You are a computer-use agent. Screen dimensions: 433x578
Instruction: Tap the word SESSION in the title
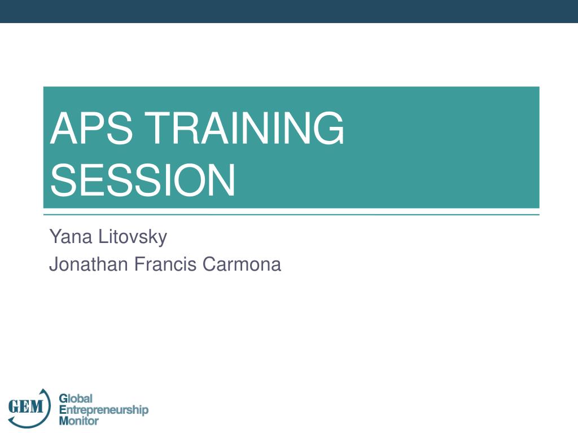click(x=142, y=180)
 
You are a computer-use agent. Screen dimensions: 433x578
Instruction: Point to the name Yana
click(x=71, y=236)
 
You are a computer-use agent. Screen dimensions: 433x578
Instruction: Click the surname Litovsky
click(x=133, y=236)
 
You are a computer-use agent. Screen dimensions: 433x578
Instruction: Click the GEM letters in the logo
click(x=25, y=406)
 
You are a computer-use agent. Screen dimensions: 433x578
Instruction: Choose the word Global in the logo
click(x=76, y=399)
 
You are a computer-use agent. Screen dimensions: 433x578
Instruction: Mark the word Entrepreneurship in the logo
click(x=104, y=410)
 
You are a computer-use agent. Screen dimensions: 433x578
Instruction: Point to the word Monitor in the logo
click(x=79, y=421)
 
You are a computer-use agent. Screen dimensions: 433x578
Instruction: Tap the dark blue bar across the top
click(x=289, y=11)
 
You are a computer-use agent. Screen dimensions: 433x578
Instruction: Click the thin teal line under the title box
click(x=291, y=215)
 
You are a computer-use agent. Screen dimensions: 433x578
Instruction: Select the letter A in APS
click(x=63, y=129)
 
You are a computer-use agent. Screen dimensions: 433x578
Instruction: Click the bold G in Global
click(x=63, y=399)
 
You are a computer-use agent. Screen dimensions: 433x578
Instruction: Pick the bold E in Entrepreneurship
click(x=62, y=410)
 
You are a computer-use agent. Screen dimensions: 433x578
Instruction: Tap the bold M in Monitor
click(x=63, y=421)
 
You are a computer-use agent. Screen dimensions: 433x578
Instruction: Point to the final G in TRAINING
click(x=329, y=129)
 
